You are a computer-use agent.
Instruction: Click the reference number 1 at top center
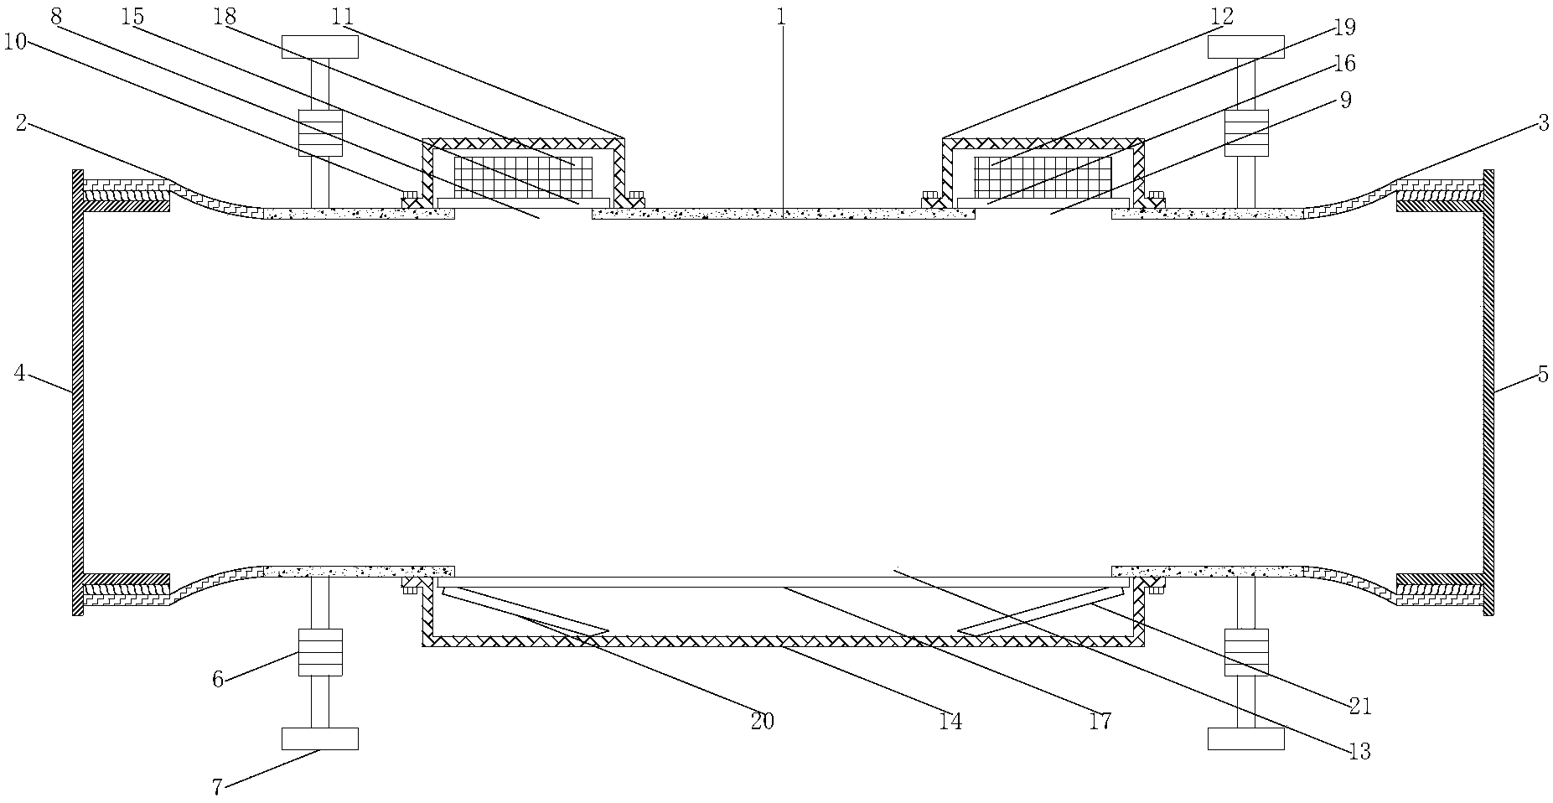coord(780,18)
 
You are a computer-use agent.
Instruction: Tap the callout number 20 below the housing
coord(762,721)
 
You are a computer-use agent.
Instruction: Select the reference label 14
coord(950,721)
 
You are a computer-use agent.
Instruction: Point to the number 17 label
coord(1100,721)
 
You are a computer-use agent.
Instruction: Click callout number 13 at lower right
coord(1359,752)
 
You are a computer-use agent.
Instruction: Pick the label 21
coord(1359,707)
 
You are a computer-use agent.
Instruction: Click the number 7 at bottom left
coord(217,788)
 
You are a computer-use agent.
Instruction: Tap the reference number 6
coord(217,679)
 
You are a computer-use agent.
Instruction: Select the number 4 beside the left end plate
coord(20,373)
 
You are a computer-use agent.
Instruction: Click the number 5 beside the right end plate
coord(1542,374)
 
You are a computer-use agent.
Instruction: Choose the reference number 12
coord(1223,16)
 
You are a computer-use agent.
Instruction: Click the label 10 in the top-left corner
coord(16,40)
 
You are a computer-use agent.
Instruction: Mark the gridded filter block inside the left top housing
coord(523,177)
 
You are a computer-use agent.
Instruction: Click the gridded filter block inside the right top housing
coord(1043,177)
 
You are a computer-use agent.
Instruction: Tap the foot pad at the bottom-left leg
coord(319,738)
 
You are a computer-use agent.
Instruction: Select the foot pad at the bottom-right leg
coord(1245,738)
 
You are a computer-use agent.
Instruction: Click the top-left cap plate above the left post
coord(319,46)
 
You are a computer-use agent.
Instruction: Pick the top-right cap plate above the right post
coord(1245,46)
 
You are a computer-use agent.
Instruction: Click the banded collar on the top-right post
coord(1245,132)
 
